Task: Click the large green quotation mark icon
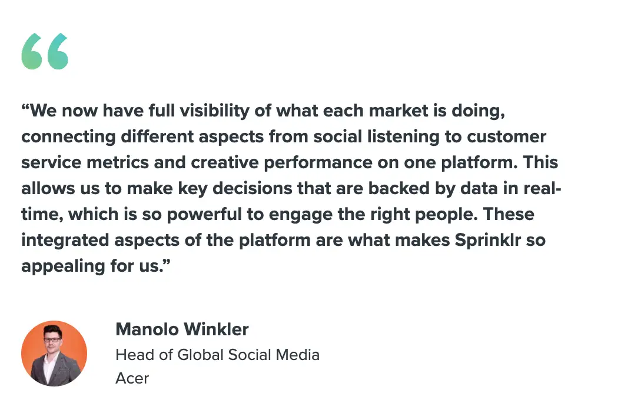click(x=45, y=52)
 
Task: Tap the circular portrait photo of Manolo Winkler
click(x=54, y=353)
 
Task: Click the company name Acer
click(x=132, y=378)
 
